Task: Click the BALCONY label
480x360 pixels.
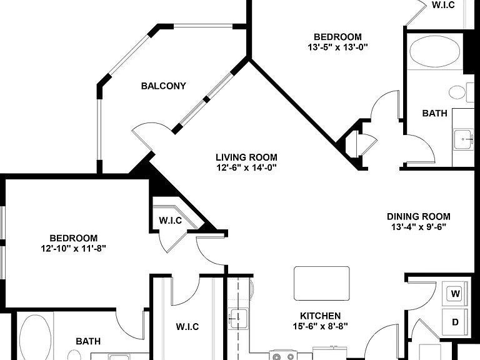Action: (x=164, y=86)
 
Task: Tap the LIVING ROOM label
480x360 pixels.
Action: (x=246, y=157)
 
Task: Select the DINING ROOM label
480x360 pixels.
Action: (x=419, y=217)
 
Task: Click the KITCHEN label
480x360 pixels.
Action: (x=320, y=316)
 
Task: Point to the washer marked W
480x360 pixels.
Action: (x=455, y=294)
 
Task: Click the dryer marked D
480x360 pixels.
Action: (x=455, y=322)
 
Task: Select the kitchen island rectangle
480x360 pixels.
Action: (x=322, y=284)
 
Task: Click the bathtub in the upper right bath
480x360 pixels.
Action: (x=435, y=51)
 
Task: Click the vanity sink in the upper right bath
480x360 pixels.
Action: (x=463, y=139)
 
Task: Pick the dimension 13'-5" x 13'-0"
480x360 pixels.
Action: (x=337, y=47)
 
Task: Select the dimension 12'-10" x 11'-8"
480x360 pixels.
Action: (x=74, y=248)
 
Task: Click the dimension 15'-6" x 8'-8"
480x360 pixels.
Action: (x=320, y=326)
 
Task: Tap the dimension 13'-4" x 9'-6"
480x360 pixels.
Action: (x=419, y=227)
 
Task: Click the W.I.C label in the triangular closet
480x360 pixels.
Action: (x=171, y=221)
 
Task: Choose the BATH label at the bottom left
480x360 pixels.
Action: (x=88, y=341)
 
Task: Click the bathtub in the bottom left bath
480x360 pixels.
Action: (x=35, y=337)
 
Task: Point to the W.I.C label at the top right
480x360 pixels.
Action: (x=443, y=4)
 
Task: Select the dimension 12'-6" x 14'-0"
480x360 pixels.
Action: (x=246, y=167)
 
